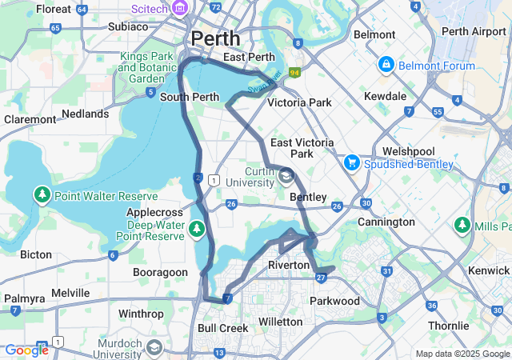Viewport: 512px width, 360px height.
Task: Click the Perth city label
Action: click(214, 38)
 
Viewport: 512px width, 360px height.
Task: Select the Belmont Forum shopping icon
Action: click(386, 63)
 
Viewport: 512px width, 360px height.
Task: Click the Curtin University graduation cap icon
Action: click(286, 175)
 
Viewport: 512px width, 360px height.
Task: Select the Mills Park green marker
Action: click(462, 226)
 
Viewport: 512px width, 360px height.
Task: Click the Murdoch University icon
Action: click(154, 347)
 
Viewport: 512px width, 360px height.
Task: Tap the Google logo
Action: click(26, 350)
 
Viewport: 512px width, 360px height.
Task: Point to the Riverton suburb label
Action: click(289, 265)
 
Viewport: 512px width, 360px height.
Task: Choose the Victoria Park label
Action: click(299, 102)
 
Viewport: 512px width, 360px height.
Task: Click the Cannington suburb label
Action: click(386, 222)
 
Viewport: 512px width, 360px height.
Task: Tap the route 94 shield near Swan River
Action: click(294, 73)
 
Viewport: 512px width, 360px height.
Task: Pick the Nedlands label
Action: click(85, 114)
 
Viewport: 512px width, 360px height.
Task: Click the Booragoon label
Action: click(159, 272)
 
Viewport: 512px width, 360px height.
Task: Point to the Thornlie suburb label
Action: click(448, 326)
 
